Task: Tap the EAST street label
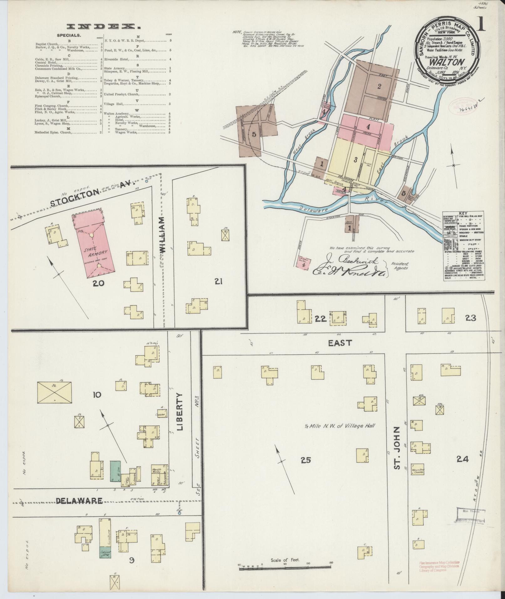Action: [340, 343]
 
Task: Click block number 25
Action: [305, 460]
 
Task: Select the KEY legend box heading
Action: [463, 213]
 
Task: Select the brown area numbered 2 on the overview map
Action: [379, 86]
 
